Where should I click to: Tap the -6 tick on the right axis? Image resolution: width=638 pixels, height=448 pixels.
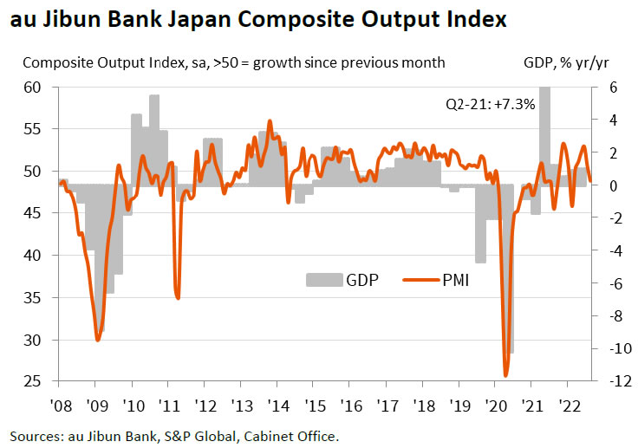tap(609, 282)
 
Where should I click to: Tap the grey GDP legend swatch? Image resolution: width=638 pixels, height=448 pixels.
tap(322, 279)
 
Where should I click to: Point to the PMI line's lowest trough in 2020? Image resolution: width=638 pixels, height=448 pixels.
tap(505, 375)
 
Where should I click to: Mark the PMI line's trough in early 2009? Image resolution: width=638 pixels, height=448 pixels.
tap(96, 340)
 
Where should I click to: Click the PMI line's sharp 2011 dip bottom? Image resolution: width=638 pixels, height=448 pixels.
tap(178, 298)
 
